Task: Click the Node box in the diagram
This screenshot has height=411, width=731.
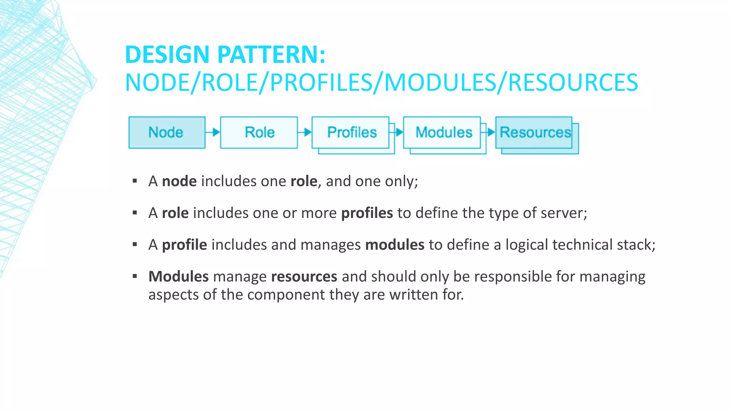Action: click(x=167, y=132)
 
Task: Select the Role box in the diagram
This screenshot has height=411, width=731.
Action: click(x=259, y=132)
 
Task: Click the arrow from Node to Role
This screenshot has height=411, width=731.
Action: click(x=213, y=132)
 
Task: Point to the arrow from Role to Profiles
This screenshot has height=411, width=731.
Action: click(x=305, y=132)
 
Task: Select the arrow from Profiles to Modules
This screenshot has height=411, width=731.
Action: click(x=397, y=132)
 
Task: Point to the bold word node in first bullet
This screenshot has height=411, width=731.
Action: click(x=179, y=181)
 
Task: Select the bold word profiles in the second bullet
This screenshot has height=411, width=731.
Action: click(x=367, y=213)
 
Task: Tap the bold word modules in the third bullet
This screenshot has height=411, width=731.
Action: click(x=395, y=245)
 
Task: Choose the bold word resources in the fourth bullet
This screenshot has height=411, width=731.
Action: click(x=304, y=276)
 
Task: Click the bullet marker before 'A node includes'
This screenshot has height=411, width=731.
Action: click(x=135, y=181)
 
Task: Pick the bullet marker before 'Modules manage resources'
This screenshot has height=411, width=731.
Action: click(x=135, y=276)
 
